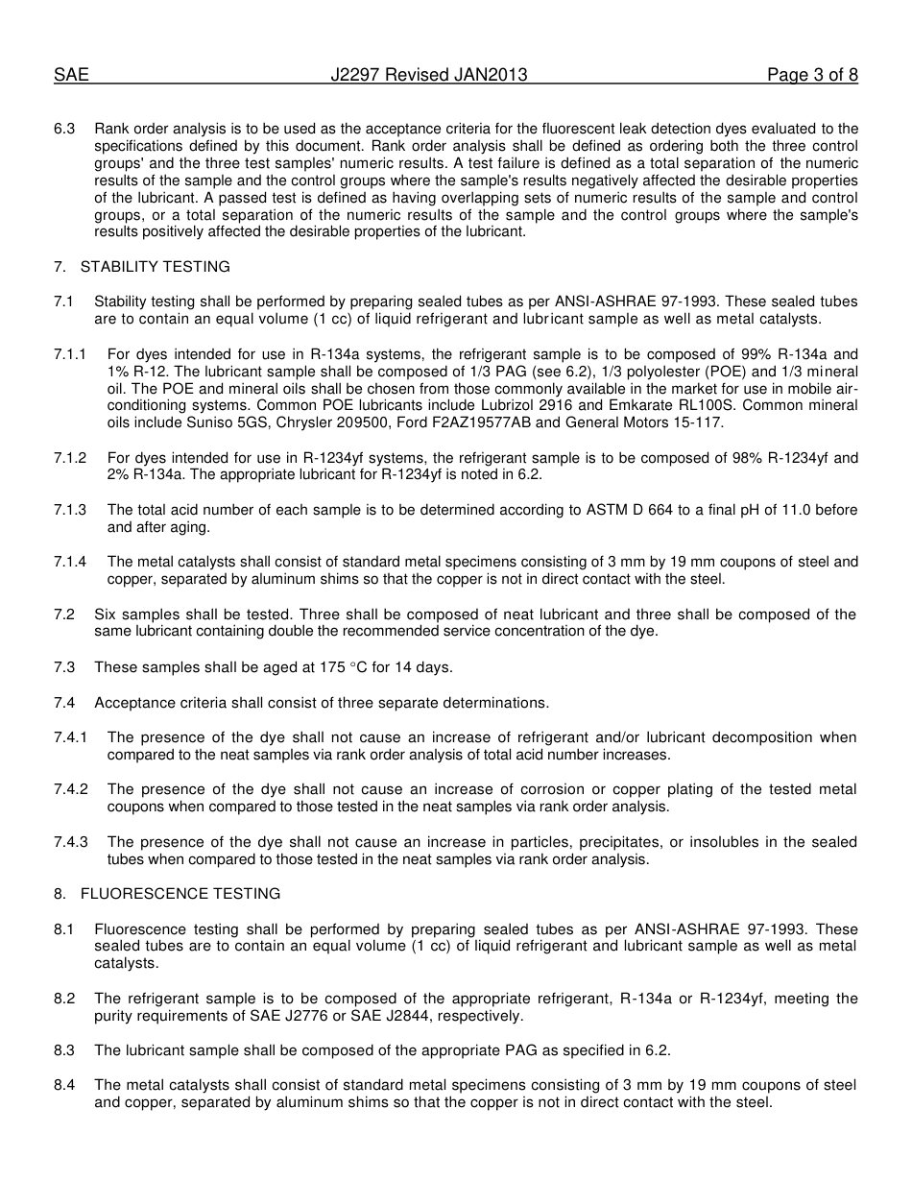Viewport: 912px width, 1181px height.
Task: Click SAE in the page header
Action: pyautogui.click(x=71, y=75)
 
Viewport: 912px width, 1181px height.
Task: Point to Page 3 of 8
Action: pyautogui.click(x=812, y=75)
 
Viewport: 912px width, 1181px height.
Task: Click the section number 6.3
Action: pyautogui.click(x=64, y=129)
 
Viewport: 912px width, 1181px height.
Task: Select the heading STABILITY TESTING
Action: pyautogui.click(x=156, y=267)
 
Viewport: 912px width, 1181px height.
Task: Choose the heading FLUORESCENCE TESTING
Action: pyautogui.click(x=180, y=894)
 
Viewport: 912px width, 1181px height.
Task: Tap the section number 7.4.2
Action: pyautogui.click(x=71, y=789)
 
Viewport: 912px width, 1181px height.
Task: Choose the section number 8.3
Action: pyautogui.click(x=64, y=1050)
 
